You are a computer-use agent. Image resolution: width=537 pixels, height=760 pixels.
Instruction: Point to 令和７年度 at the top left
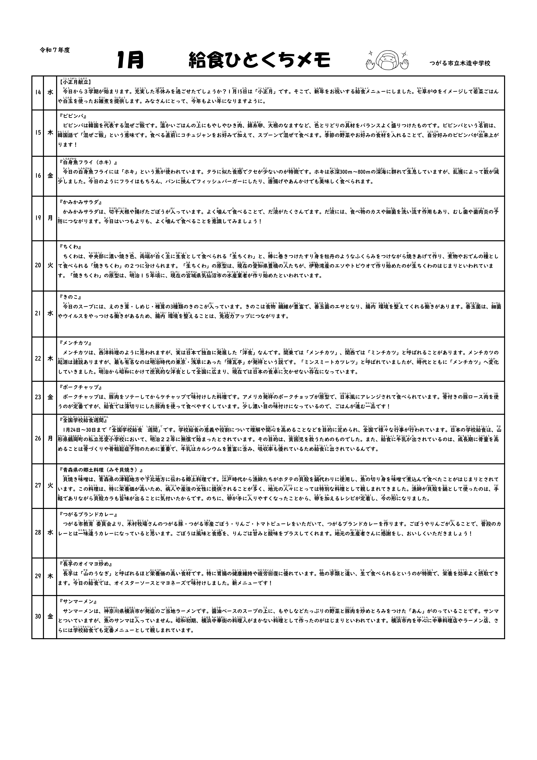(x=55, y=50)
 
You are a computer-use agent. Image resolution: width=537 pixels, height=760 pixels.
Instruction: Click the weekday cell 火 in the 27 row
(x=50, y=485)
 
